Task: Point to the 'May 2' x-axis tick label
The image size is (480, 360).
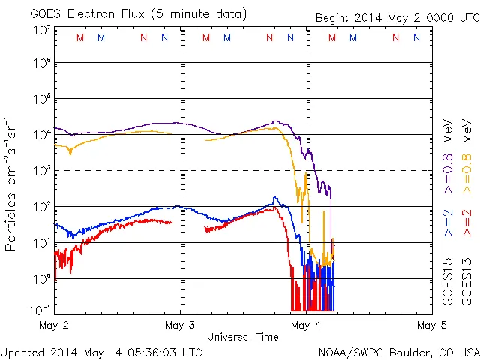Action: [52, 325]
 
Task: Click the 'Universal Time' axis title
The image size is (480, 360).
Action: [243, 337]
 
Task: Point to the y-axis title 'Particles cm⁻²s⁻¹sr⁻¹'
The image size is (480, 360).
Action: [13, 184]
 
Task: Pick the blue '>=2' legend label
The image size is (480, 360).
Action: [448, 223]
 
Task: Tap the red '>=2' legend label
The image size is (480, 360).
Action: [466, 223]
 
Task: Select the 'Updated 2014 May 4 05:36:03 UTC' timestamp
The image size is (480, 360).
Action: [101, 351]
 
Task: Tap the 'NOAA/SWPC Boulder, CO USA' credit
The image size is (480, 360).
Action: [398, 351]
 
